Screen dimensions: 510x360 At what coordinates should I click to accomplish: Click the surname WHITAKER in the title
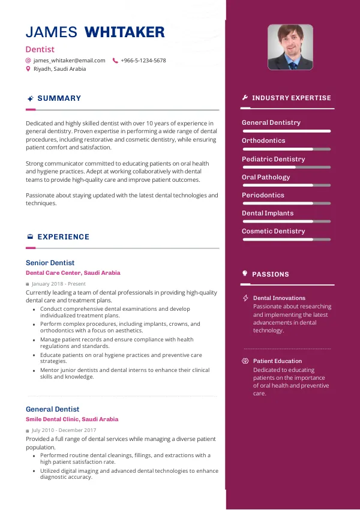[125, 32]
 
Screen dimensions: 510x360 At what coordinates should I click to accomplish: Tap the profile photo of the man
[290, 47]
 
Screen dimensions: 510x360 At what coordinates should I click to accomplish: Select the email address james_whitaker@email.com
[69, 61]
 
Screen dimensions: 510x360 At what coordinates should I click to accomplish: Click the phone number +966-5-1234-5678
[143, 61]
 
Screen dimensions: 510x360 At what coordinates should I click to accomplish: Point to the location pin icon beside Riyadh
[28, 69]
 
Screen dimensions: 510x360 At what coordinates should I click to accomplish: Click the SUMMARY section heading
[59, 98]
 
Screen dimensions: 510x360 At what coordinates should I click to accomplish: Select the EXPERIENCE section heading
[63, 237]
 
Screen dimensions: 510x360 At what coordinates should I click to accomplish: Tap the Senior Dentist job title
[50, 263]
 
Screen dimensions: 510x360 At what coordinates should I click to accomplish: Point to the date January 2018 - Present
[59, 284]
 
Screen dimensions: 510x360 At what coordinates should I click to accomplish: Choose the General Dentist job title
[53, 409]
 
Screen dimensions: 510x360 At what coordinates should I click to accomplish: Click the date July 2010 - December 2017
[64, 430]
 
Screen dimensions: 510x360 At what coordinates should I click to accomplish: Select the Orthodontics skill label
[263, 141]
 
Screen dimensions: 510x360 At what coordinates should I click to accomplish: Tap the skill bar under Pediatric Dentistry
[286, 167]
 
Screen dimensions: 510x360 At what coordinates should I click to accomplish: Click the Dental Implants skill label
[268, 213]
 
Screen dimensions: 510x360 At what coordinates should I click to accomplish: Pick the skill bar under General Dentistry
[286, 131]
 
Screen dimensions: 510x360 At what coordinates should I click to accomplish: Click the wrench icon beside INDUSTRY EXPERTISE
[245, 98]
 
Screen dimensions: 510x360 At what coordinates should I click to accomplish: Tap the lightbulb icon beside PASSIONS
[245, 274]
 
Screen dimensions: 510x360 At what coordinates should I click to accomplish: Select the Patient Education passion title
[277, 361]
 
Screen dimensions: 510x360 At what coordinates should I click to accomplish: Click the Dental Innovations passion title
[279, 298]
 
